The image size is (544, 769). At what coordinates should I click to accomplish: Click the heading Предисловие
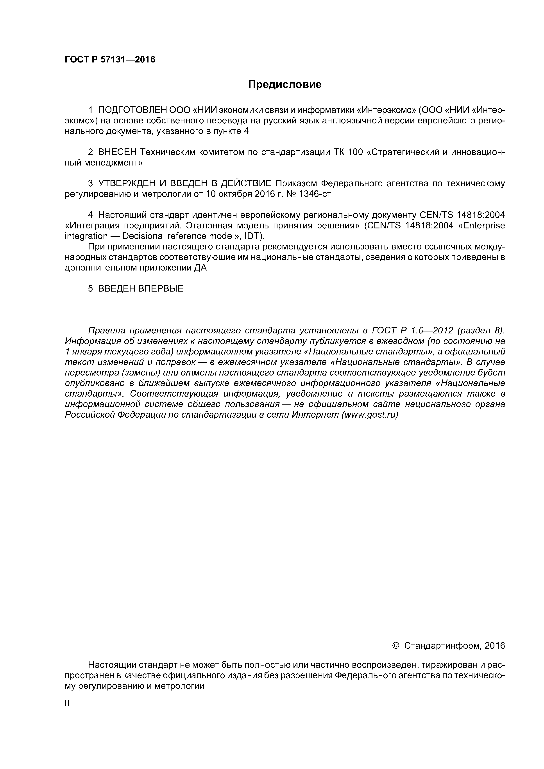coord(285,84)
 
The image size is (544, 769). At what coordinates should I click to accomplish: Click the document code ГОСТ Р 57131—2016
coord(110,60)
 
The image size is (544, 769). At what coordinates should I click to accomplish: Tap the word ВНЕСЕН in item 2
coord(117,152)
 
